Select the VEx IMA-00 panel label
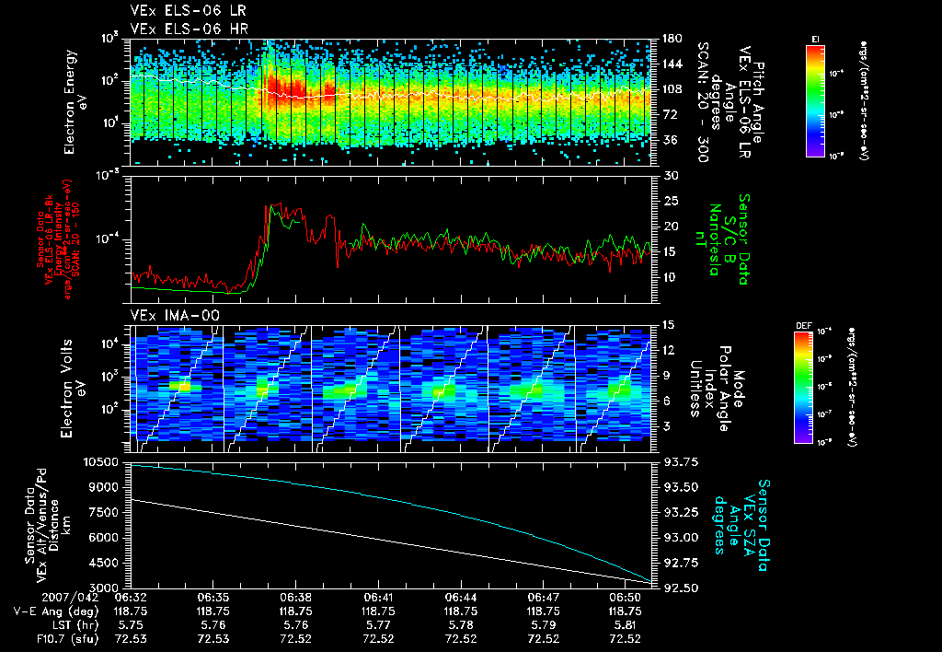[x=168, y=315]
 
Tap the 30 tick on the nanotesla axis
[x=670, y=175]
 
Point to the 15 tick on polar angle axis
[x=669, y=324]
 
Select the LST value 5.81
[x=626, y=624]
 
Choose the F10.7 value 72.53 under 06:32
[x=131, y=638]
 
